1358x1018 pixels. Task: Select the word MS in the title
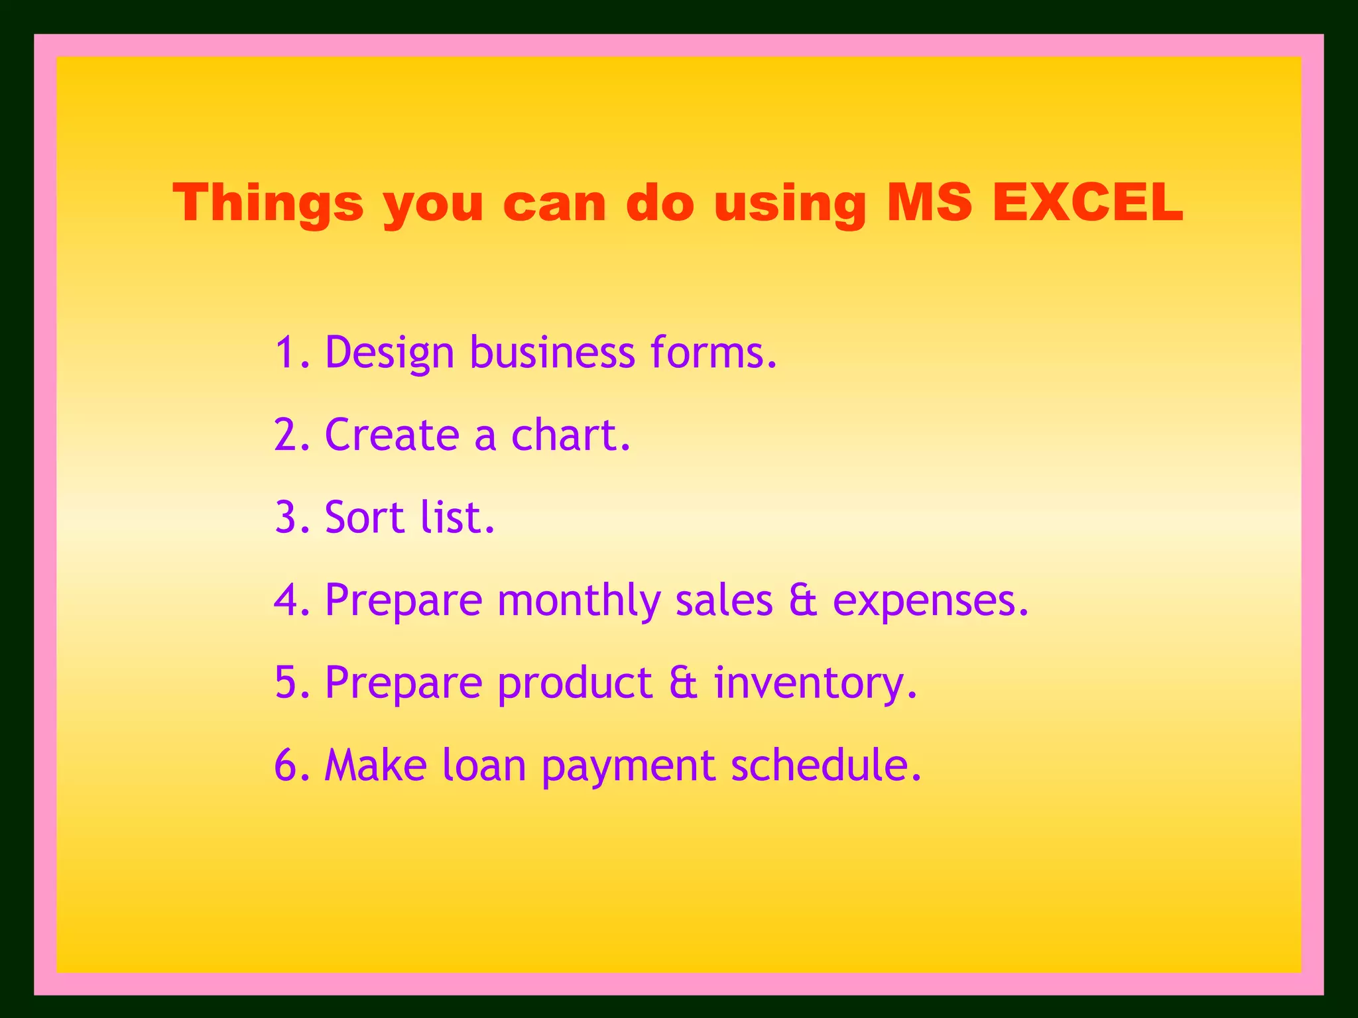point(929,202)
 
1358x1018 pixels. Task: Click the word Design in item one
point(389,353)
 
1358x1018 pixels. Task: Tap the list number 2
point(290,435)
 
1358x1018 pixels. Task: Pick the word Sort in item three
point(365,517)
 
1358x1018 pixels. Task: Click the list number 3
point(290,517)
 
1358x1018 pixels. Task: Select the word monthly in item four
point(579,600)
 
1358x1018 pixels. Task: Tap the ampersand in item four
point(803,600)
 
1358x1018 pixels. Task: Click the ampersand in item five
point(684,683)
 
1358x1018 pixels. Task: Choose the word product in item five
point(575,683)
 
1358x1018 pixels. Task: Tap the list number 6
point(290,765)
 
